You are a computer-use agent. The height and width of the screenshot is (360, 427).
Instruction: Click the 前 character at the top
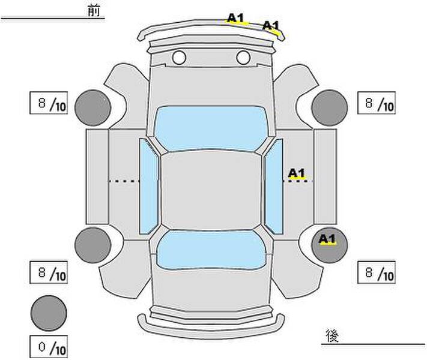tap(94, 11)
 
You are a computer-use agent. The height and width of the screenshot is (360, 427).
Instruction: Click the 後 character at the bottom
tap(332, 335)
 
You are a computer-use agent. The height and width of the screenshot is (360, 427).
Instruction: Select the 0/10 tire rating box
tap(49, 347)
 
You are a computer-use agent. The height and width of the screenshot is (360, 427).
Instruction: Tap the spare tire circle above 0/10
tap(49, 313)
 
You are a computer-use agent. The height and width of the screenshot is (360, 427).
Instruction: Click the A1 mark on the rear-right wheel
tap(327, 239)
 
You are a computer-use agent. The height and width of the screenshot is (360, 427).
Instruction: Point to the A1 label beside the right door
tap(297, 173)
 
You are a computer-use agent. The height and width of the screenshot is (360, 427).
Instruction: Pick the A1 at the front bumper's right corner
tap(271, 26)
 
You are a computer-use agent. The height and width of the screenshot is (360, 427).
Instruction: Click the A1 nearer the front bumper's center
tap(236, 19)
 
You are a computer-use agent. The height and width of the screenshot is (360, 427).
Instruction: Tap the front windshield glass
tap(210, 128)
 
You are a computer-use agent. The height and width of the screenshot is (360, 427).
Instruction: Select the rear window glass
tap(211, 250)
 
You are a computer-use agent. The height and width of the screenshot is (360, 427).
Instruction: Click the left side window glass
tap(149, 187)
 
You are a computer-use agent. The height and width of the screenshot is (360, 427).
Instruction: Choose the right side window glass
tap(274, 187)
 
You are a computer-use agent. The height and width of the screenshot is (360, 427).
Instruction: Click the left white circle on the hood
tap(179, 58)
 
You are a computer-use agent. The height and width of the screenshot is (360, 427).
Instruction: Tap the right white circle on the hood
tap(243, 58)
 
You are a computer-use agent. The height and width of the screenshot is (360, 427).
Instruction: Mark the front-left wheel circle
tap(93, 108)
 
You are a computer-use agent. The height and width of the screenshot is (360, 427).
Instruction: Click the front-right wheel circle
tap(330, 108)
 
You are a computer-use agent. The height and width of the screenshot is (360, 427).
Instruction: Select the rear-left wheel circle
tap(93, 245)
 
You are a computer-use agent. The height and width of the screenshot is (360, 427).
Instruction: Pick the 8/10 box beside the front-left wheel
tap(49, 103)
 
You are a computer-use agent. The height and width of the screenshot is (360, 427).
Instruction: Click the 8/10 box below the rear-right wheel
tap(377, 272)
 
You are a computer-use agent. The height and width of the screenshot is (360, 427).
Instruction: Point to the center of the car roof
tap(211, 190)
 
